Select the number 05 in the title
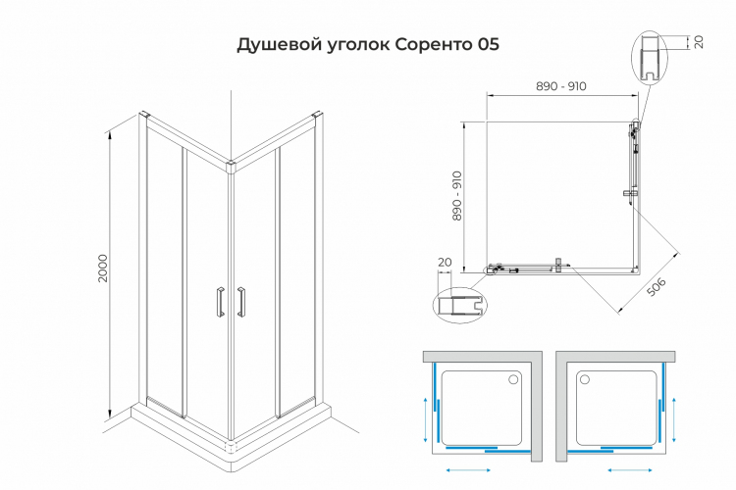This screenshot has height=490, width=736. [487, 45]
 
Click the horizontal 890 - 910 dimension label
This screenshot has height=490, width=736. [561, 86]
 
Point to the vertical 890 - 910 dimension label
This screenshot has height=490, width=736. [457, 196]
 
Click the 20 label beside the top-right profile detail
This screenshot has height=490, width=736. [699, 42]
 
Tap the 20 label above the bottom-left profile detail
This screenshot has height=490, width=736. [444, 262]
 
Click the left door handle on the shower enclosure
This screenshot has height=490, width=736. [220, 301]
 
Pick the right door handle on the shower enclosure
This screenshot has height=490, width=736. [240, 301]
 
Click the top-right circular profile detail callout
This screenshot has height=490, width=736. [649, 60]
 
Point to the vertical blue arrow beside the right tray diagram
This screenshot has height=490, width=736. [674, 418]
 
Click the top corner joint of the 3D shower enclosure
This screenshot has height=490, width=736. [231, 167]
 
